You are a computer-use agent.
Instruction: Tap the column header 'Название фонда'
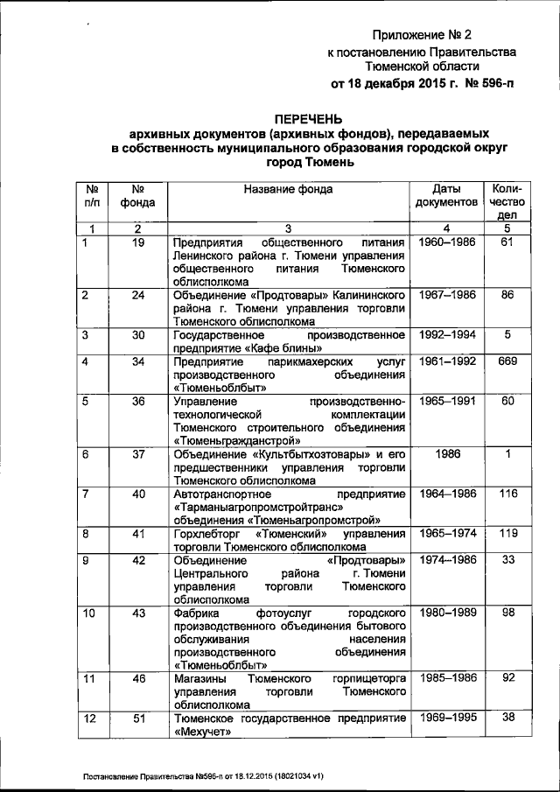(288, 188)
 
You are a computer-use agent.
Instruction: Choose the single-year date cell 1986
(446, 454)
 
